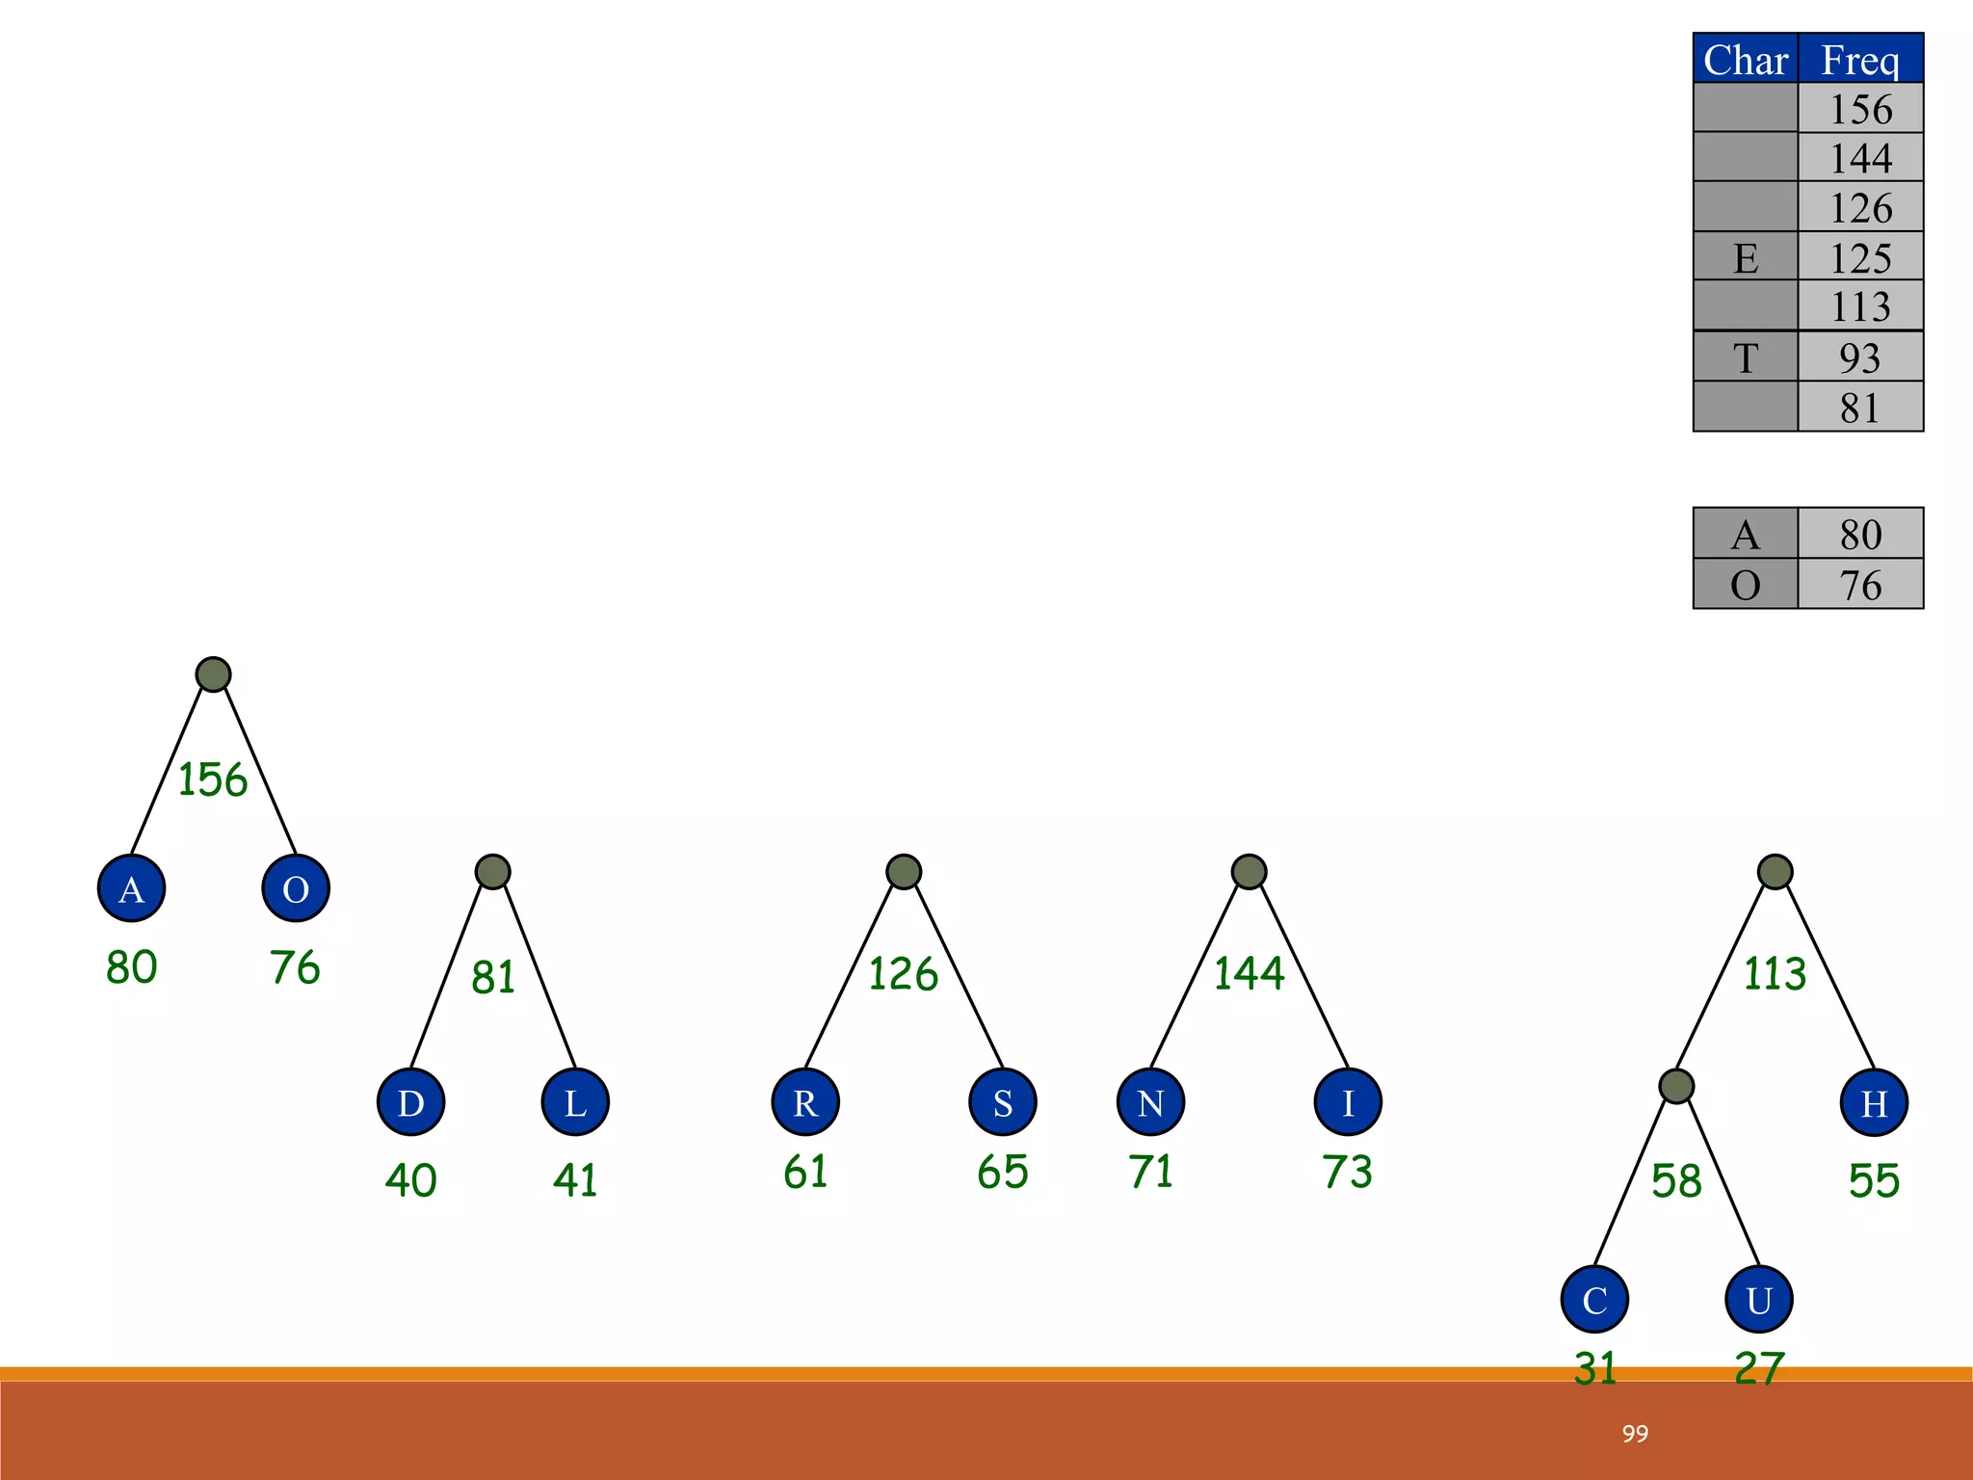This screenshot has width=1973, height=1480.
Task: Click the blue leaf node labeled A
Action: tap(132, 887)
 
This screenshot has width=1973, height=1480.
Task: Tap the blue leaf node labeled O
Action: tap(296, 887)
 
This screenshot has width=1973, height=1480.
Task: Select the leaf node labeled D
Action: tap(411, 1101)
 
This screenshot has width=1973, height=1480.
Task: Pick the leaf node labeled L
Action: tap(575, 1101)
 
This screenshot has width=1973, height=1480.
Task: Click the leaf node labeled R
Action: tap(805, 1101)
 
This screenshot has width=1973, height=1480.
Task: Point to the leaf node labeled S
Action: tap(1003, 1101)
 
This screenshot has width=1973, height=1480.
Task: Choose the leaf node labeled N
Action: tap(1151, 1101)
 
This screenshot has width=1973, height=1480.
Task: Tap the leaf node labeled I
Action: tap(1348, 1101)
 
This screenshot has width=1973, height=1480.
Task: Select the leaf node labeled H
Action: tap(1874, 1101)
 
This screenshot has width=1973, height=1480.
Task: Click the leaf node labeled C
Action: tap(1595, 1299)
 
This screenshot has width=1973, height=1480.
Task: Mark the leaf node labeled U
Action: tap(1759, 1299)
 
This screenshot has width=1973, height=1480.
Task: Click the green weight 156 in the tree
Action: tap(213, 780)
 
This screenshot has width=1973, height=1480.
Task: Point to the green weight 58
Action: tap(1676, 1180)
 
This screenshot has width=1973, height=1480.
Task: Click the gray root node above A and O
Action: tap(213, 674)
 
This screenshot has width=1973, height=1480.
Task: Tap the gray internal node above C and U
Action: tap(1676, 1086)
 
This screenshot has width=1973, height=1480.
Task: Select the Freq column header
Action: tap(1860, 59)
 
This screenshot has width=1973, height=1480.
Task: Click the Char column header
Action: tap(1746, 59)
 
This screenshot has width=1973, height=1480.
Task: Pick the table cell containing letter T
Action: tap(1746, 357)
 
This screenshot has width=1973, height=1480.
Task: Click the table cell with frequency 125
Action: tap(1860, 257)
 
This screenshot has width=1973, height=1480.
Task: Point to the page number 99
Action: tap(1635, 1433)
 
